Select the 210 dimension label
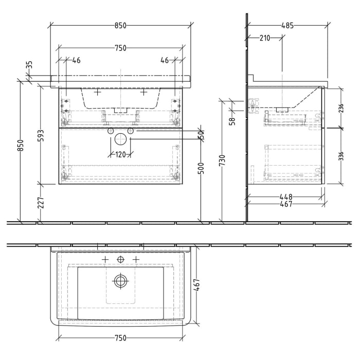click(265, 39)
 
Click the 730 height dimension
click(222, 160)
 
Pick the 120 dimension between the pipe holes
click(120, 154)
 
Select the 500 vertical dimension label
click(202, 167)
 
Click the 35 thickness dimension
click(29, 65)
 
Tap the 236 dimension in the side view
click(340, 107)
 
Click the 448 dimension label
click(286, 196)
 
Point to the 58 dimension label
click(232, 121)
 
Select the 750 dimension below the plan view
click(120, 338)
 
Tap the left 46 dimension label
click(76, 61)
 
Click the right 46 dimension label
click(165, 61)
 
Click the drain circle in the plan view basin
click(120, 281)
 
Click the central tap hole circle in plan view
click(120, 259)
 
